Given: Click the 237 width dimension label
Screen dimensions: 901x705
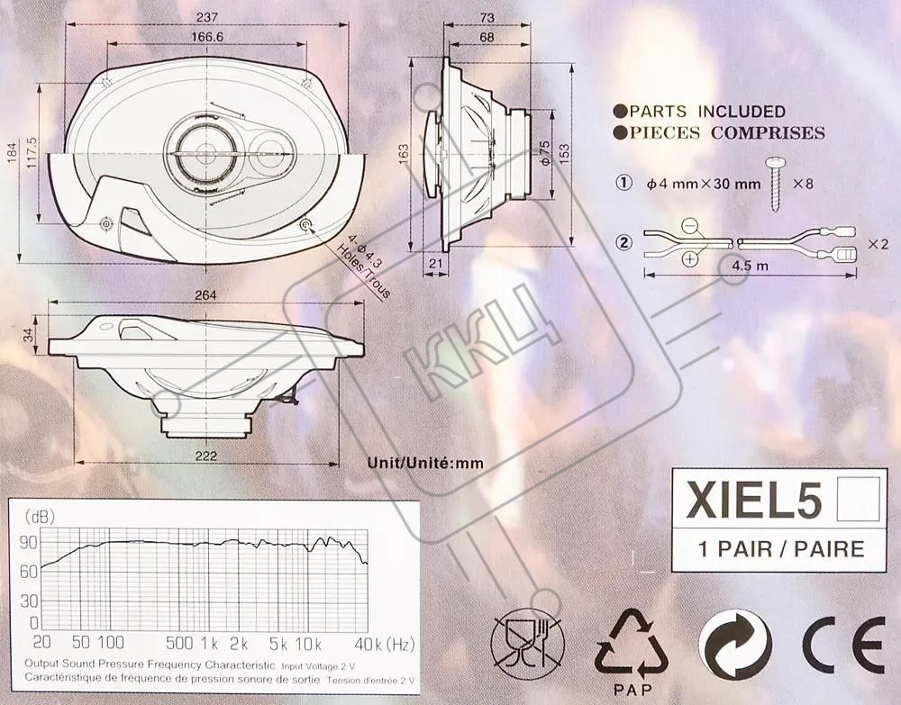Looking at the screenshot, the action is point(206,17).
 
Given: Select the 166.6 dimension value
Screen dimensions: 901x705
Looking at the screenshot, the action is point(207,37).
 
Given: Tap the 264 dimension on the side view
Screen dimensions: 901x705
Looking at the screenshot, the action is point(205,295).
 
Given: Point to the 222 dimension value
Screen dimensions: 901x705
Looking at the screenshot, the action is point(205,456).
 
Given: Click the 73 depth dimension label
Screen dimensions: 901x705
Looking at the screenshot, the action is point(487,18).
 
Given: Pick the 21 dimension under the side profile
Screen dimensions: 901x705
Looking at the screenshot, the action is point(436,263).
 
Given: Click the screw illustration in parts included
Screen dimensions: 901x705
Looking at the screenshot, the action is point(774,184).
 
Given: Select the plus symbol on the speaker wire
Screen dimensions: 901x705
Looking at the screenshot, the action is point(689,259).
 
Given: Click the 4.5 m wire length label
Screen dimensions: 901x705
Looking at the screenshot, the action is point(750,266).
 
